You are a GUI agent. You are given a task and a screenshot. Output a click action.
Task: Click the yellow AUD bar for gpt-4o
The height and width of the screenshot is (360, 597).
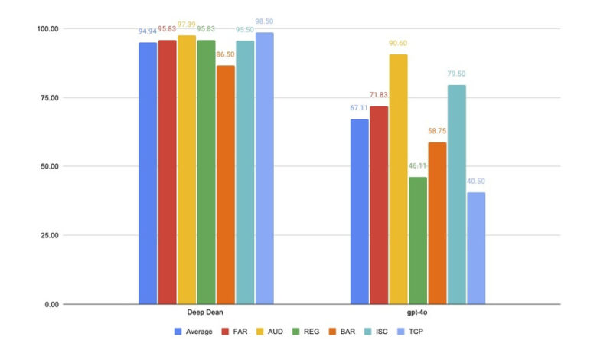coord(398,179)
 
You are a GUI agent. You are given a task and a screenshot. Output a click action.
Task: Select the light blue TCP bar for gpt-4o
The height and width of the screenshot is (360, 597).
coord(476,248)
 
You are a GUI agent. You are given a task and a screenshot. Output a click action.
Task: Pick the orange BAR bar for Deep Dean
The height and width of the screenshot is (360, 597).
coord(226,185)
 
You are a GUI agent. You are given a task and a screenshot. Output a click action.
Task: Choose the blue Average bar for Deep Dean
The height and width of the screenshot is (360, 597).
coord(148,173)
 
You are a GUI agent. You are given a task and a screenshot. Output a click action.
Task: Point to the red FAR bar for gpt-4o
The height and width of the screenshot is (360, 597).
coord(379,205)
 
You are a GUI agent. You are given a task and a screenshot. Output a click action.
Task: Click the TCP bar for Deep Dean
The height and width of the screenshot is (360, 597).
coord(265,169)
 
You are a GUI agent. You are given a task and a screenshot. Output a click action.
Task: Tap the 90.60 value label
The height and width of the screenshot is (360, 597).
coord(398,44)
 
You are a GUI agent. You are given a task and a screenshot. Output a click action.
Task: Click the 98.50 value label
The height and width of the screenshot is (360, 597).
coord(265,23)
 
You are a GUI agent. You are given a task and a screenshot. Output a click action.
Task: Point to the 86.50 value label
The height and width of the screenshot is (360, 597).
coord(226,55)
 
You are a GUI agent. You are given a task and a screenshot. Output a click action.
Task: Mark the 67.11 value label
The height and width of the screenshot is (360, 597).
coord(359,109)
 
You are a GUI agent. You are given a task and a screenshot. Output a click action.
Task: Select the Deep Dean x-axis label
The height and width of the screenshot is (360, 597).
coord(206,313)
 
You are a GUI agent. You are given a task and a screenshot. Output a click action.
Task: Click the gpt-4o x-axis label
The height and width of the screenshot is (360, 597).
coord(418,313)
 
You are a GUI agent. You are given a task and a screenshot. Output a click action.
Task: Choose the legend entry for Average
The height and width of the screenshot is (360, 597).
coord(194,332)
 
